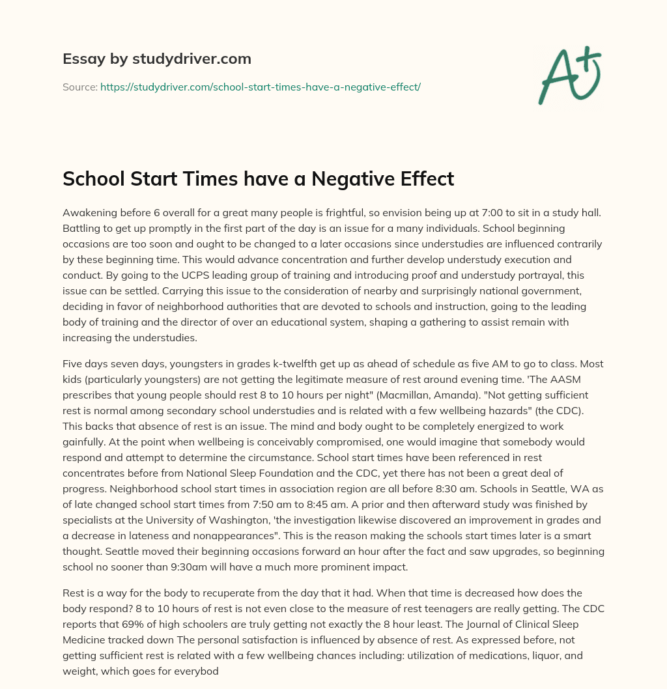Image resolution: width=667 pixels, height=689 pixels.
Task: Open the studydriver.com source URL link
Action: coord(261,87)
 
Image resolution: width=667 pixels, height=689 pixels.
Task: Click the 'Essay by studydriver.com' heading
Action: coord(157,59)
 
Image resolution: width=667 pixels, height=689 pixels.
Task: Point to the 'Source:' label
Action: coord(79,87)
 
